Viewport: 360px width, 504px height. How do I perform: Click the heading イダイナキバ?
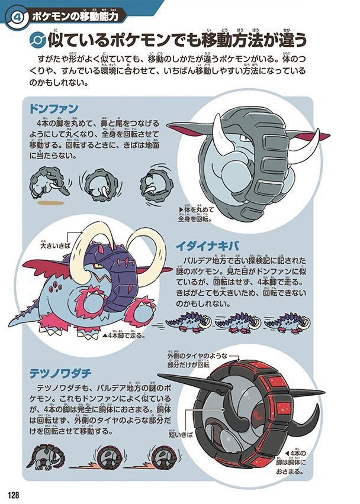click(202, 245)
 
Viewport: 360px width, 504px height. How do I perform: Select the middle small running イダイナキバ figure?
click(237, 322)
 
